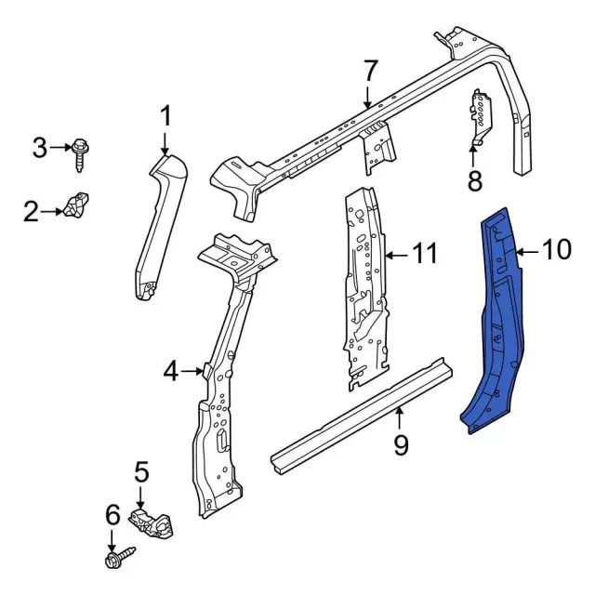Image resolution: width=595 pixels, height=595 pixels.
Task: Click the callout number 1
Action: click(x=165, y=117)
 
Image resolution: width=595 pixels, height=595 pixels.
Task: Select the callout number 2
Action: click(x=32, y=213)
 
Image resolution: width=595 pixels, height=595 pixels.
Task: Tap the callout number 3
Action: click(x=39, y=147)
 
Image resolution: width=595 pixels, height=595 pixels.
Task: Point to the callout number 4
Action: click(x=170, y=372)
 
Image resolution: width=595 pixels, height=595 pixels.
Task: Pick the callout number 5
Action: click(x=141, y=473)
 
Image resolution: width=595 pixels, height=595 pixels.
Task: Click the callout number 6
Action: click(x=112, y=514)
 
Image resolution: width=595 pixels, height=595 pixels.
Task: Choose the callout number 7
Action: click(x=370, y=70)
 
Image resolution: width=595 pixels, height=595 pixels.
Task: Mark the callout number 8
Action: click(x=474, y=179)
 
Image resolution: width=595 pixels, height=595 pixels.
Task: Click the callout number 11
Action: click(x=424, y=253)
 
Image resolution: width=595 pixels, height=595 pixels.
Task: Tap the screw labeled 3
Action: click(x=80, y=152)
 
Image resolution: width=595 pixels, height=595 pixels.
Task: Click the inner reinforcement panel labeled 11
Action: click(x=364, y=288)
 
